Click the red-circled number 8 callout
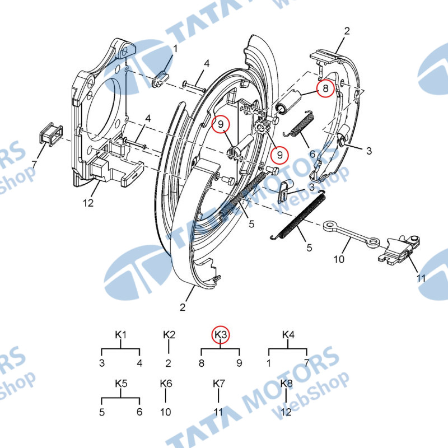click(325, 88)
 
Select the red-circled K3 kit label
click(221, 334)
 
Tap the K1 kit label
click(120, 334)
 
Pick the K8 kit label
click(287, 384)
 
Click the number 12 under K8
click(286, 412)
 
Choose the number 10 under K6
click(165, 412)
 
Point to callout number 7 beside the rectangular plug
click(35, 164)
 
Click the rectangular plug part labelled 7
click(50, 134)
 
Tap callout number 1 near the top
click(175, 49)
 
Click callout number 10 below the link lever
click(339, 259)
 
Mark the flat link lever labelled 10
click(352, 233)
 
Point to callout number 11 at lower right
click(421, 278)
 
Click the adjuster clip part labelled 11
click(399, 249)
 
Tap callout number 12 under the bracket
click(88, 203)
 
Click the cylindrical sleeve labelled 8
click(288, 101)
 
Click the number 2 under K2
click(169, 363)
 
